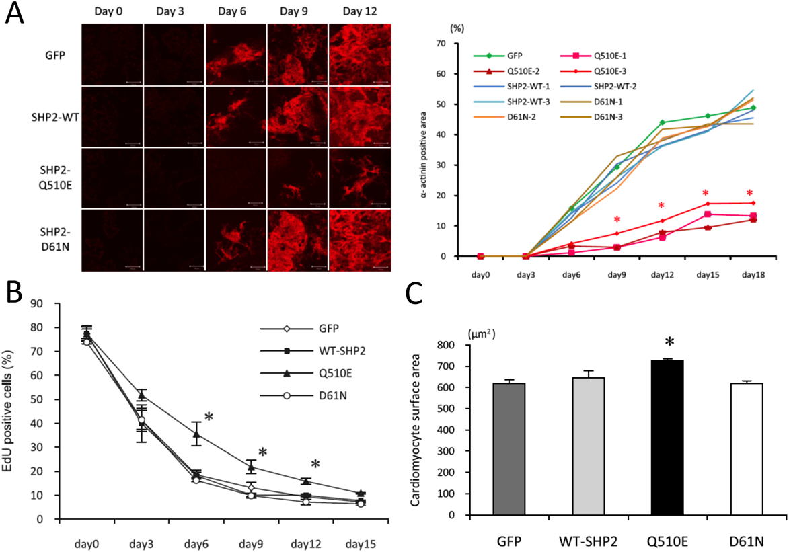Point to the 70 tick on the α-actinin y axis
441,44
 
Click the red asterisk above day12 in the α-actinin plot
661,206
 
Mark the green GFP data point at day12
662,122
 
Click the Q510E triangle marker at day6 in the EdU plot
197,434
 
